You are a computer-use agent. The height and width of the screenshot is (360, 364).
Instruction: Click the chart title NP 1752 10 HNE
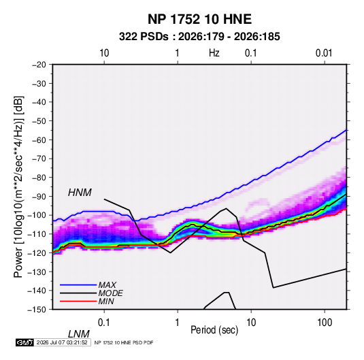coord(199,19)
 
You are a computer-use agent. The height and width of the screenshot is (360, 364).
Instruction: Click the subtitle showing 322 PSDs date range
coord(199,37)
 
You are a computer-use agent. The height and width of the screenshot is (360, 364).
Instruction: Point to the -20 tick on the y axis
coord(39,65)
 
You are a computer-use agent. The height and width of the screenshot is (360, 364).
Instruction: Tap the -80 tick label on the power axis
coord(39,178)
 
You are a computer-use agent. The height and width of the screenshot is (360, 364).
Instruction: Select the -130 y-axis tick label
coord(37,272)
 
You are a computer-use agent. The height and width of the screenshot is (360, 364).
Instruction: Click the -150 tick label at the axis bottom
coord(37,310)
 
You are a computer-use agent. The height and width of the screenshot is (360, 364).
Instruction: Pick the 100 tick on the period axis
coord(325,323)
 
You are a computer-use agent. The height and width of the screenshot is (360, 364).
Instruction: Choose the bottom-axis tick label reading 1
coord(178,323)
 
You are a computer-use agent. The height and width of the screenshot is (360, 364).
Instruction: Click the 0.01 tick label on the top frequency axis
coord(324,53)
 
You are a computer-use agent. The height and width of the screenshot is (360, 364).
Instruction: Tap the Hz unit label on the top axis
coord(214,53)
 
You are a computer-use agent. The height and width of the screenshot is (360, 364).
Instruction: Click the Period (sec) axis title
coord(214,330)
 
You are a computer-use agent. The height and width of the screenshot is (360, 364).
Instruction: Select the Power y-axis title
coord(18,186)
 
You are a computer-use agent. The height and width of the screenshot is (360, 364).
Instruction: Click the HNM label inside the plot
coord(80,193)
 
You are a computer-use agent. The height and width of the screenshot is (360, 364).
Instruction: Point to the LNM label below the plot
coord(78,334)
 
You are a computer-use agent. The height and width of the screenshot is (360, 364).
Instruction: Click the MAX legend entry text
coord(107,285)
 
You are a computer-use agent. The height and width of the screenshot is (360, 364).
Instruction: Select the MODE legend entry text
coord(110,293)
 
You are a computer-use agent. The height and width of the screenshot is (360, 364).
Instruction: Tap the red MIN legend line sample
coord(78,301)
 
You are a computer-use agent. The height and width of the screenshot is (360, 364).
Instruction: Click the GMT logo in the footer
coord(24,342)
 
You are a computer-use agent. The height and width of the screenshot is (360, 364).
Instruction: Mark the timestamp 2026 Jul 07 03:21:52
coord(62,342)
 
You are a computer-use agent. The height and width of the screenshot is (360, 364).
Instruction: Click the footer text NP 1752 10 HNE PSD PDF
coord(124,342)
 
